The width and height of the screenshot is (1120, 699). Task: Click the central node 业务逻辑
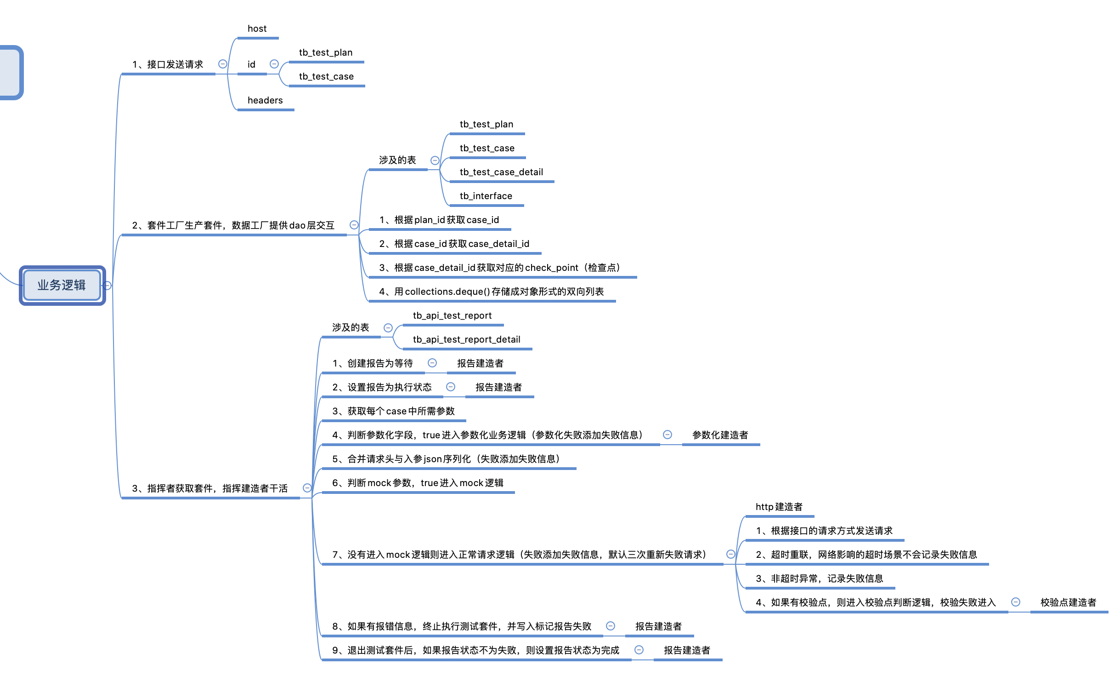62,285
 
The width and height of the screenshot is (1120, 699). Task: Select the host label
257,29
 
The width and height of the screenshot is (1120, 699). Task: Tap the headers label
265,100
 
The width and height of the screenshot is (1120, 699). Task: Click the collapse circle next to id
274,64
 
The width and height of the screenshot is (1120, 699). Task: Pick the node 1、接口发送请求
167,64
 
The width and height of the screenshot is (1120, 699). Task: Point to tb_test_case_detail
501,172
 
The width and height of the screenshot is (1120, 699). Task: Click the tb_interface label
486,196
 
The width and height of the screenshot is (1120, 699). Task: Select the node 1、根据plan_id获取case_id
439,220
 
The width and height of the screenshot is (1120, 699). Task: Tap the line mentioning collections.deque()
491,292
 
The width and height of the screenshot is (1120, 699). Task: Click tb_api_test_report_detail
466,339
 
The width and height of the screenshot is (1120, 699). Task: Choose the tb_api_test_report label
452,315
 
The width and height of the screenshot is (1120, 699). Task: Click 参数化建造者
719,435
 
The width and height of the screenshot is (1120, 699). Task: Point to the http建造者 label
779,507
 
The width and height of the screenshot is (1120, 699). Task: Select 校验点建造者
1068,602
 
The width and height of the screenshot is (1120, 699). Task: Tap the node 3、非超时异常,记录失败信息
819,579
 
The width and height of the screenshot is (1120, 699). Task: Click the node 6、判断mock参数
418,483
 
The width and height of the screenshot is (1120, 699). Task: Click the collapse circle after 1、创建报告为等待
432,363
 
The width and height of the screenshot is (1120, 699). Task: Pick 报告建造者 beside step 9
687,650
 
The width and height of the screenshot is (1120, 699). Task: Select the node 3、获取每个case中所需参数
393,412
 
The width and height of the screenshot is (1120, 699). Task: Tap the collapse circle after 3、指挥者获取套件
307,488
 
